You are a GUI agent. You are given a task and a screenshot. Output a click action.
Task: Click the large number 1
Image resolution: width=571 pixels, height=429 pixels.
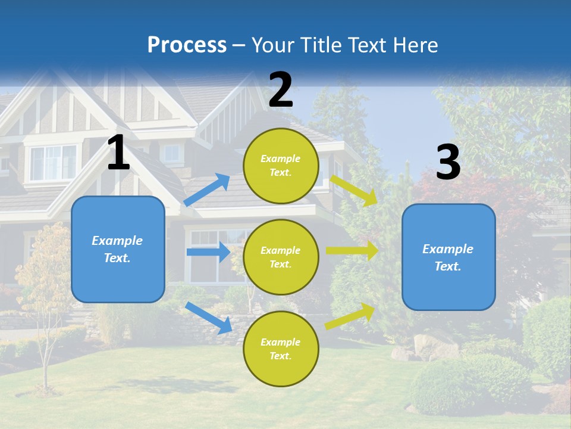(118, 153)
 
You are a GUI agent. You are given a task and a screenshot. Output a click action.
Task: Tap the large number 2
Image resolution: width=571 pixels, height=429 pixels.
(281, 90)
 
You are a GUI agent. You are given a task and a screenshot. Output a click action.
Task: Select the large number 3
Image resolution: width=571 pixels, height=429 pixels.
(448, 163)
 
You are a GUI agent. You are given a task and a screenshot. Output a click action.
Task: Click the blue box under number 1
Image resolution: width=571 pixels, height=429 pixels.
(118, 249)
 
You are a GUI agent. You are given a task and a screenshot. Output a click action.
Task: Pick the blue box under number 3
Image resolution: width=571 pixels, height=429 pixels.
(448, 257)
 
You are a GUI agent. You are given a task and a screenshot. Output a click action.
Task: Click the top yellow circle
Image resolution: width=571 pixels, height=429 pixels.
(281, 166)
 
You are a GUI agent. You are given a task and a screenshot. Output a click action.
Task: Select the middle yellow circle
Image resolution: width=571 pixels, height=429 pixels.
(281, 257)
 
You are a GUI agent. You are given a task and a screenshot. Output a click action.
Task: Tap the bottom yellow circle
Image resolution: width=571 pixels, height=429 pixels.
(281, 349)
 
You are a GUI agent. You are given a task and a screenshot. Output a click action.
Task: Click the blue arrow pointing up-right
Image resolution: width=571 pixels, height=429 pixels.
(207, 189)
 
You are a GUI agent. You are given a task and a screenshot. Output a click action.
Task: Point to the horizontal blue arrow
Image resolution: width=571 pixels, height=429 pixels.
(208, 252)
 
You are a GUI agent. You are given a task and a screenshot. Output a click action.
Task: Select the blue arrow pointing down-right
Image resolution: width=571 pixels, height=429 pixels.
(208, 318)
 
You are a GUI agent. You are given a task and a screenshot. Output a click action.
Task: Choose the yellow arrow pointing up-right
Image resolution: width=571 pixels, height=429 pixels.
(350, 316)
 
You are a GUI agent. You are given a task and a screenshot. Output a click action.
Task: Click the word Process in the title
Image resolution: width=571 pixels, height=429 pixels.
(187, 45)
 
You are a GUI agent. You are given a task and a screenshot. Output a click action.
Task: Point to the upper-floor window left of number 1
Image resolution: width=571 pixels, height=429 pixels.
(54, 162)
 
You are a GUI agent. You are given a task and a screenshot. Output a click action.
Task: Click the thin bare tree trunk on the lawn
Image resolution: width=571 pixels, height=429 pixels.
(45, 357)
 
